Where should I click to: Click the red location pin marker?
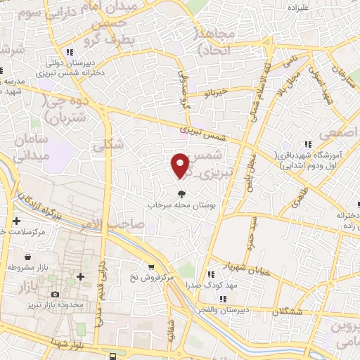point(181,165)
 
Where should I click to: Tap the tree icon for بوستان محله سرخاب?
point(181,193)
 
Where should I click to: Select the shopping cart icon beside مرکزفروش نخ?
point(151,266)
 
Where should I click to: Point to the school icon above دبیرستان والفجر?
point(222,299)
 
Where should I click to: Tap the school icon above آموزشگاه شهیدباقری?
point(307,144)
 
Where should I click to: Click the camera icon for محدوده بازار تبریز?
point(55,294)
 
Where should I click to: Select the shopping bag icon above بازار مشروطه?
point(27,257)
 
